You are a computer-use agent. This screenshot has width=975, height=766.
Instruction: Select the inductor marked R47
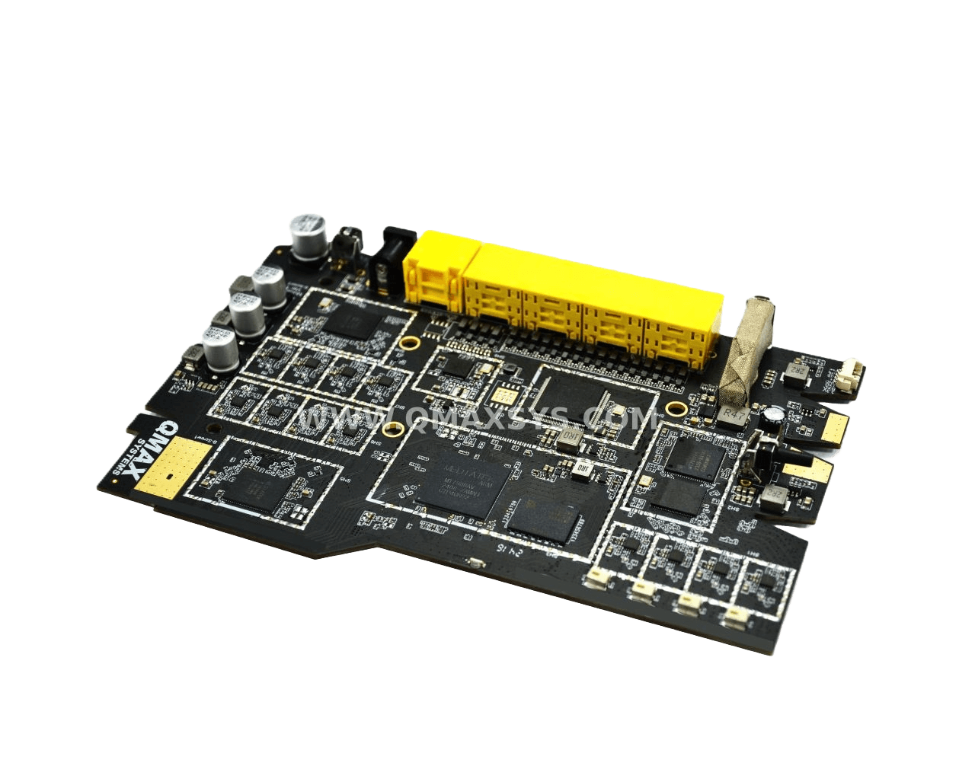click(x=732, y=416)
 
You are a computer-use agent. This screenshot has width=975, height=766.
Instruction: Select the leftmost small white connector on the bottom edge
click(x=595, y=580)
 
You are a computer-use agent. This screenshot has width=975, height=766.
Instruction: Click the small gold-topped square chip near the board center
click(x=503, y=395)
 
